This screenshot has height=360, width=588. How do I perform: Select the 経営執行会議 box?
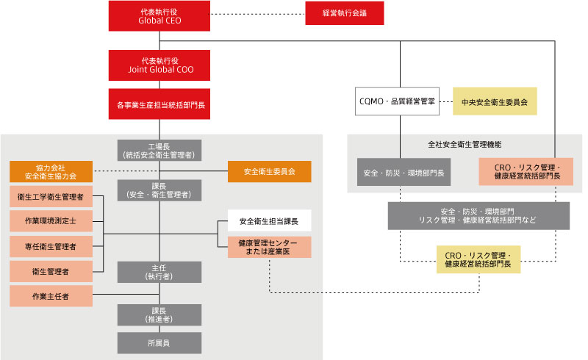point(344,13)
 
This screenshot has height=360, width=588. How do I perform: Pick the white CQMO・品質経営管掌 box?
point(396,102)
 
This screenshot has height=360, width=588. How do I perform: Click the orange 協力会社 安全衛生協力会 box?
point(51,171)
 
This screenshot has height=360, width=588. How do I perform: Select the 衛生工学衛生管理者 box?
point(51,197)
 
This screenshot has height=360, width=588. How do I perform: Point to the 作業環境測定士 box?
point(51,221)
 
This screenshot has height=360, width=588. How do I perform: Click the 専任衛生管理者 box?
point(51,246)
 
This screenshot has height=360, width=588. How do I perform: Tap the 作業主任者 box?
point(51,296)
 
